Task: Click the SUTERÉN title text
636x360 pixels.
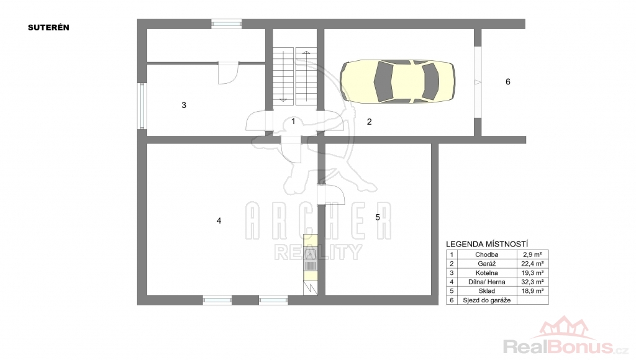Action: click(48, 27)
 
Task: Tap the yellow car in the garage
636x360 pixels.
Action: click(397, 81)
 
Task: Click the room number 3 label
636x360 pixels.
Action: click(184, 106)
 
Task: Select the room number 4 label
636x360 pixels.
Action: click(219, 221)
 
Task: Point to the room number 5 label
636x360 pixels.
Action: click(378, 218)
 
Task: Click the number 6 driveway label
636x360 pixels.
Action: click(508, 82)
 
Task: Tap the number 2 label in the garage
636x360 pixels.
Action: click(369, 122)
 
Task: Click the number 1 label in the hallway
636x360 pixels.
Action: click(293, 121)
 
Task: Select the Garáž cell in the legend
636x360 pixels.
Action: click(487, 264)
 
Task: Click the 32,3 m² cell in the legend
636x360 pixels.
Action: click(532, 282)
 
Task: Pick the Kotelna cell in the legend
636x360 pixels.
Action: click(487, 273)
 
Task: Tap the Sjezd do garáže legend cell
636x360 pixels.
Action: click(487, 300)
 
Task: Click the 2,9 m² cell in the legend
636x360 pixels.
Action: click(532, 254)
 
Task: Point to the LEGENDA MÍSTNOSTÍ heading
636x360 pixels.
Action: click(487, 244)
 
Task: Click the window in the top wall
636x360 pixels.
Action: click(226, 24)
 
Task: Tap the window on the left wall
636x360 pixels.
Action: click(142, 106)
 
